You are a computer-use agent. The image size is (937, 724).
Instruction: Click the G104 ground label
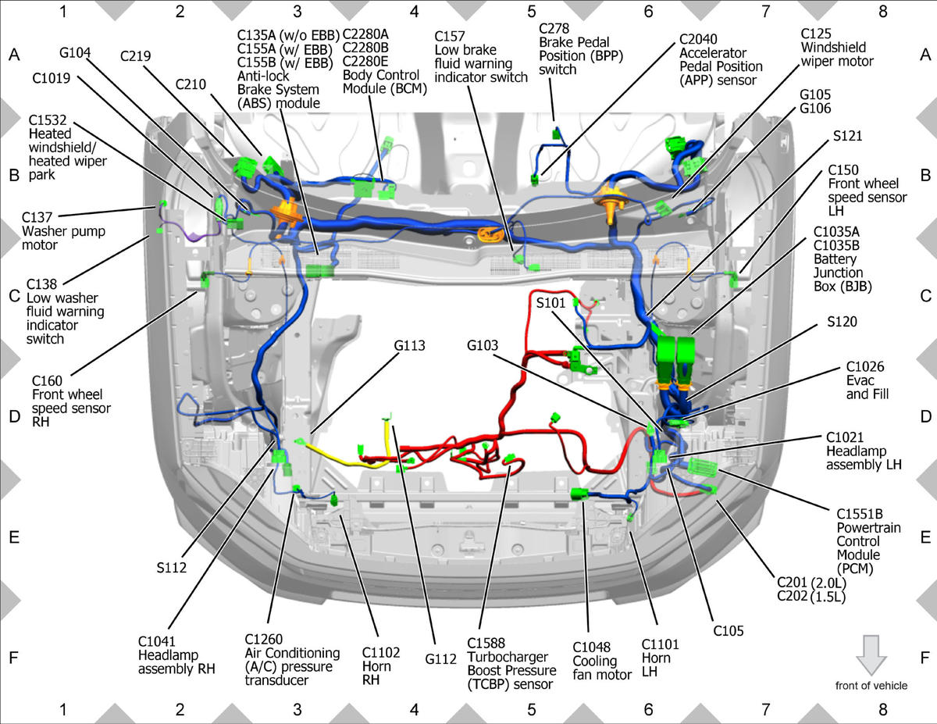(75, 53)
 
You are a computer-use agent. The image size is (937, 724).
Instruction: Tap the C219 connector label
(135, 56)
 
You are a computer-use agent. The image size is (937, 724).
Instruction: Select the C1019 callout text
(52, 78)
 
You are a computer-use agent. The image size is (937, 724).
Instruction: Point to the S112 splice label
(172, 568)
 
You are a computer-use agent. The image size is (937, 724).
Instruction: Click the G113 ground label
(410, 345)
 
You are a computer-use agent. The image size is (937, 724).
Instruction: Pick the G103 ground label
(483, 345)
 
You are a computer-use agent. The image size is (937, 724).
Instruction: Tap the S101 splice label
(550, 303)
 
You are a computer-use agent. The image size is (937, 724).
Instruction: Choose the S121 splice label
(848, 136)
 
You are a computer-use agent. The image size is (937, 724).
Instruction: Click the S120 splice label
(843, 322)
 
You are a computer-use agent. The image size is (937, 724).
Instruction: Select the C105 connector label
(729, 631)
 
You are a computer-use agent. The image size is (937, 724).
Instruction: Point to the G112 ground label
(440, 659)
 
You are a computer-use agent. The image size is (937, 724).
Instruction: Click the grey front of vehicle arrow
(871, 655)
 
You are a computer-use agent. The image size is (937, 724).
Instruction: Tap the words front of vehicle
(871, 686)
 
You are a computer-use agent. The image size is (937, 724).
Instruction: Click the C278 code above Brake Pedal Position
(554, 28)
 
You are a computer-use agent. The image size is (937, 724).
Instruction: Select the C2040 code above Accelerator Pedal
(698, 39)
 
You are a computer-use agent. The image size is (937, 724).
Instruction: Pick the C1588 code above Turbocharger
(486, 643)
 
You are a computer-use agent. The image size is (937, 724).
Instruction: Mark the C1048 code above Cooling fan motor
(592, 647)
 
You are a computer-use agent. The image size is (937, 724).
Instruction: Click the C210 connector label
(191, 84)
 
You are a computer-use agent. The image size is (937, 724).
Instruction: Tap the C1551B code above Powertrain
(860, 514)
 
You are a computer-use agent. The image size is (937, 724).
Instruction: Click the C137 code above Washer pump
(37, 217)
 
